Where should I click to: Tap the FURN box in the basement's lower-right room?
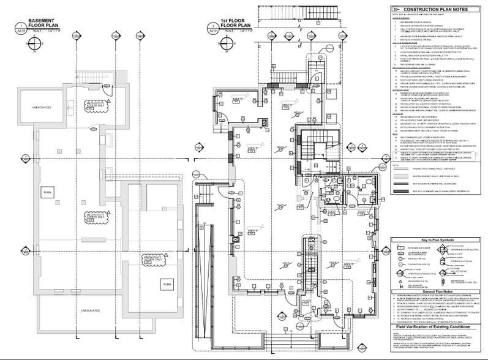coord(167,284)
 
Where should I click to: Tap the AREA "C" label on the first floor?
coord(285,106)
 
